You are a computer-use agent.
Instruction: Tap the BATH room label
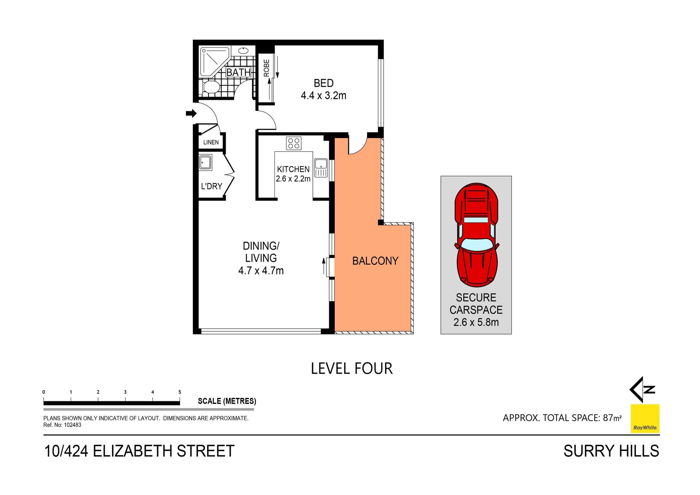click(238, 73)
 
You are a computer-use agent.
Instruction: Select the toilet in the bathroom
click(211, 87)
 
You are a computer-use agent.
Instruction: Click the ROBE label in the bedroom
click(267, 68)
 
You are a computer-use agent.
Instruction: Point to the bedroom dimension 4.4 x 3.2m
click(323, 96)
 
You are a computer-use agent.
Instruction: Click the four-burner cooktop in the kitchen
click(293, 143)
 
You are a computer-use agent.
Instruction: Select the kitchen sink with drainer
click(321, 168)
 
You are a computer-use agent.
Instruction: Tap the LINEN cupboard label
click(211, 142)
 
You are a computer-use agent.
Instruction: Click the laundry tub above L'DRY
click(205, 162)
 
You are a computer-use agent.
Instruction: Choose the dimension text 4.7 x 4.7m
click(261, 271)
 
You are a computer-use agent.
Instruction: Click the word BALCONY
click(375, 261)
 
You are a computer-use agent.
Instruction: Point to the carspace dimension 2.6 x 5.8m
click(476, 322)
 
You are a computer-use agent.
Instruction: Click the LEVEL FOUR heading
click(351, 369)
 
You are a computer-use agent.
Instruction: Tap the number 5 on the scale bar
click(180, 392)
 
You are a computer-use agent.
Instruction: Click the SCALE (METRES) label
click(227, 401)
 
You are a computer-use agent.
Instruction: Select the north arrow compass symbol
click(642, 390)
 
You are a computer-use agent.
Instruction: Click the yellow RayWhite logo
click(645, 418)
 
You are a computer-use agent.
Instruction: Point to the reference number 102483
click(72, 425)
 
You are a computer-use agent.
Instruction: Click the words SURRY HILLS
click(611, 451)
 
